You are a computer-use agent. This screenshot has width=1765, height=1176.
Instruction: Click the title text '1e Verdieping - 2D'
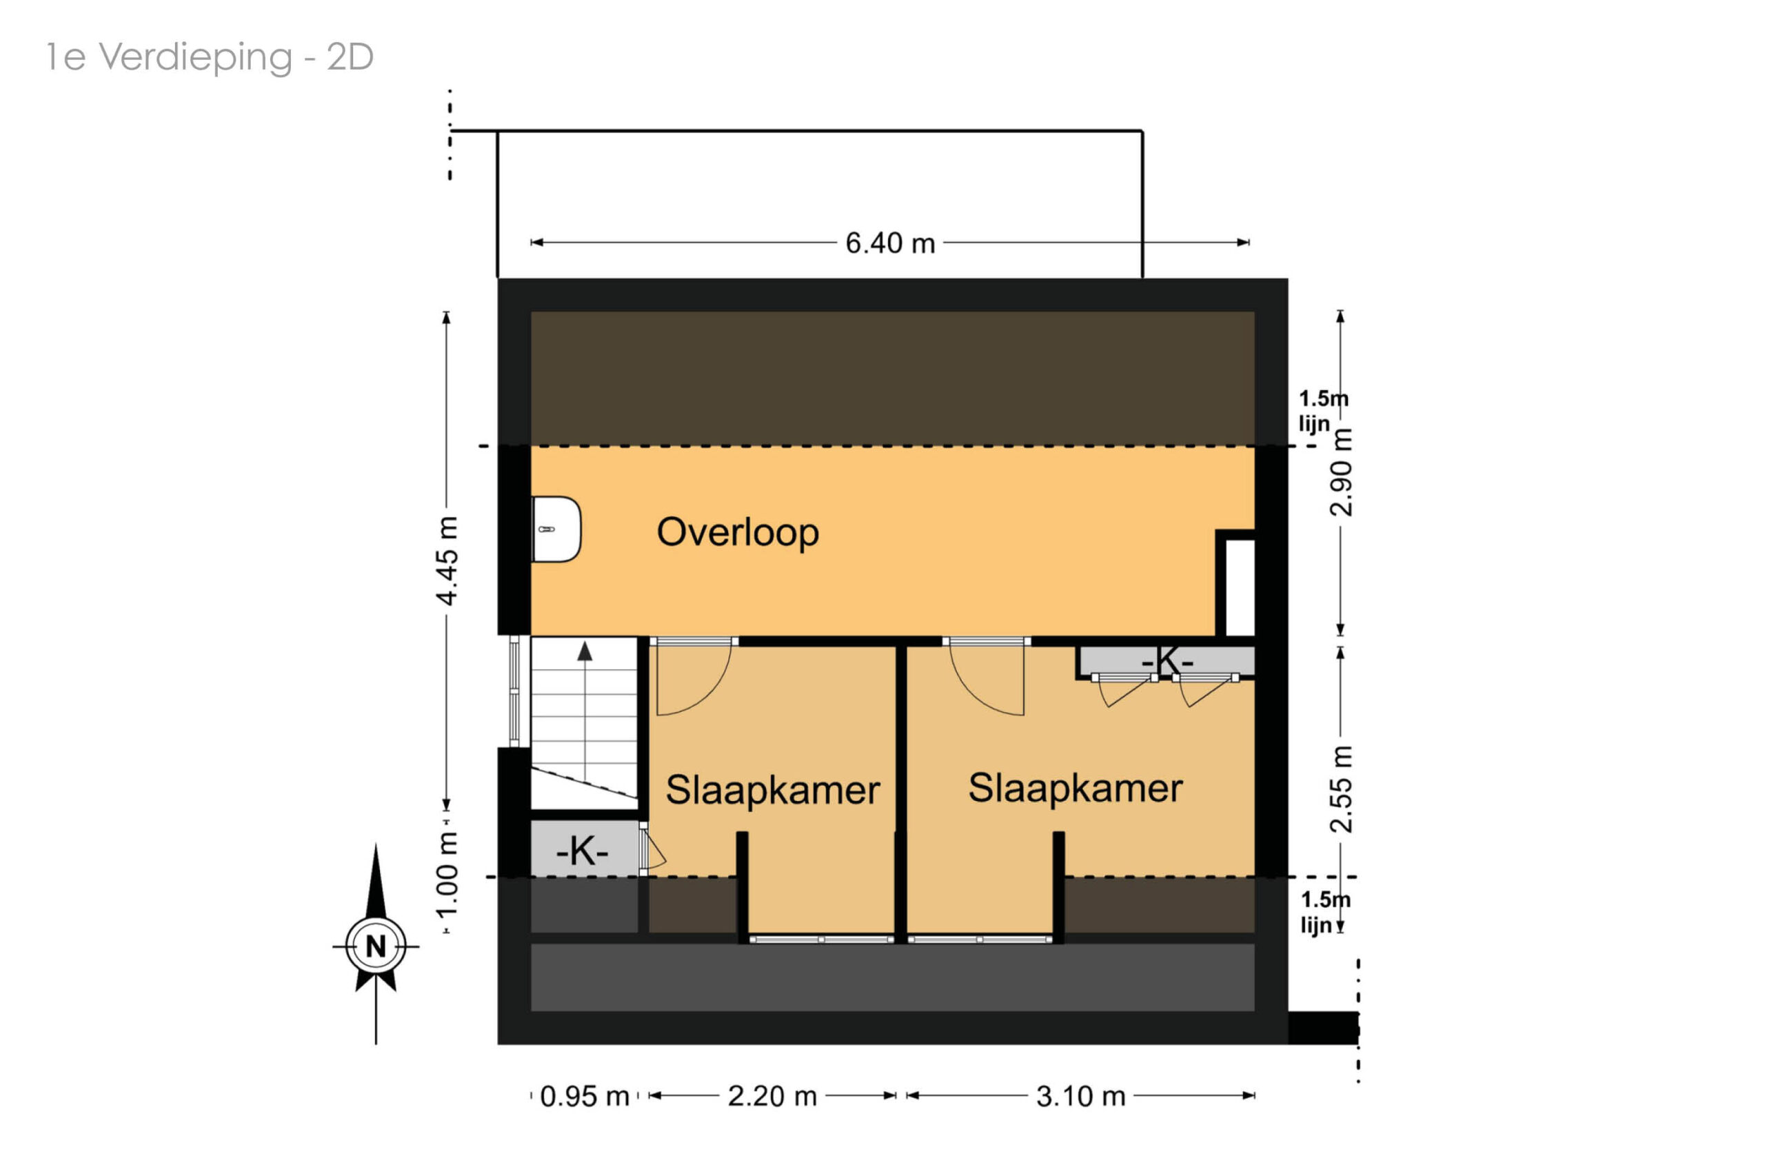210,58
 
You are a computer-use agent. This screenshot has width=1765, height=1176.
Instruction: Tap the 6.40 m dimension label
889,243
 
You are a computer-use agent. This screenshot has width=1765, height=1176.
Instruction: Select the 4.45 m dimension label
447,560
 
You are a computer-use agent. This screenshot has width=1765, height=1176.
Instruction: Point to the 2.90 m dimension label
1341,472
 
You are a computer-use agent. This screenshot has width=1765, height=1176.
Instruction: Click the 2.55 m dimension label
1341,790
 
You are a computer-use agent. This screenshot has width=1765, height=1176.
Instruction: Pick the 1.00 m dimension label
447,875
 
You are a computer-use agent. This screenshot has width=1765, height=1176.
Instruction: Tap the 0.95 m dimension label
585,1097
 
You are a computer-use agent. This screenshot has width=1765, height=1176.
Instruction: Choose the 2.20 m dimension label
772,1097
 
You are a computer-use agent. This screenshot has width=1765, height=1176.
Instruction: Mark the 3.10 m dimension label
1081,1097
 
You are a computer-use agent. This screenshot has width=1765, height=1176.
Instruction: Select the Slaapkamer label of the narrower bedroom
773,791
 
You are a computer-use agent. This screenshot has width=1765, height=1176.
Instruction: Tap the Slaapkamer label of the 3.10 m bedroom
1075,788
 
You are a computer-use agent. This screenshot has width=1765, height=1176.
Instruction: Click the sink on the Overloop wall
556,529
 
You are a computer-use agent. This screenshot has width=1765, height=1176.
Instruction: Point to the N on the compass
376,946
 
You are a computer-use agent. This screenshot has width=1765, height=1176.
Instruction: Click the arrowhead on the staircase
585,651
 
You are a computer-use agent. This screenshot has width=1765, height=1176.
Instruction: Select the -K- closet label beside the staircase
582,851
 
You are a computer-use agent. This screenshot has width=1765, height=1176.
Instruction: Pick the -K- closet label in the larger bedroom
1167,662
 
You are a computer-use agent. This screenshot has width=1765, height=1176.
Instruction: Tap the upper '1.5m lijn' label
1323,411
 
